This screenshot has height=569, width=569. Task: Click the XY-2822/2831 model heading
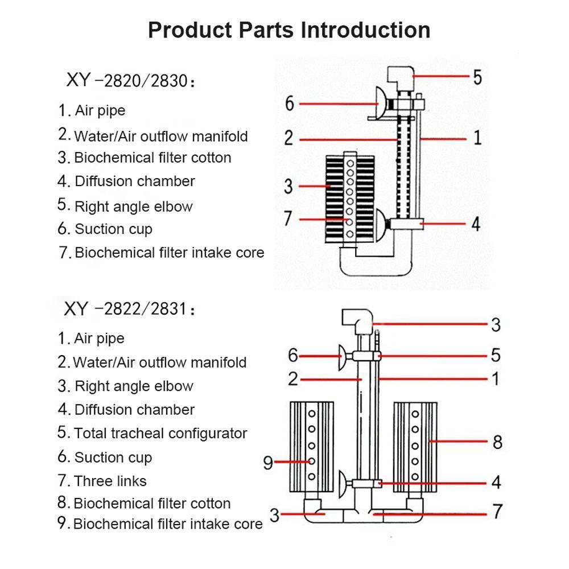pyautogui.click(x=130, y=310)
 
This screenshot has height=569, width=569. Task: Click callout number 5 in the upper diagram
pyautogui.click(x=476, y=76)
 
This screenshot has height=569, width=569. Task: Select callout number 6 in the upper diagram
pyautogui.click(x=290, y=104)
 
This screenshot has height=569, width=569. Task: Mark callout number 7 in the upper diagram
pyautogui.click(x=288, y=218)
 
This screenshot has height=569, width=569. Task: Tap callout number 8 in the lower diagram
pyautogui.click(x=497, y=442)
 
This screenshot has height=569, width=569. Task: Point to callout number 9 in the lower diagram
pyautogui.click(x=269, y=463)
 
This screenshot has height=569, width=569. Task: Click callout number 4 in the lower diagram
pyautogui.click(x=496, y=483)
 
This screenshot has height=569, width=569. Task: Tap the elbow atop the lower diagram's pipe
pyautogui.click(x=357, y=320)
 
